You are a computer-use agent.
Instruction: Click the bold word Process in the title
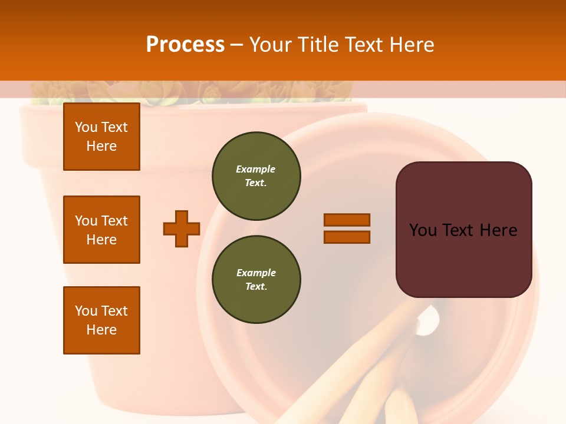[x=185, y=45]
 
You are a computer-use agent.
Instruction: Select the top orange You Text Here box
[x=101, y=137]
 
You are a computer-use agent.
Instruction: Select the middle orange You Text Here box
[x=101, y=230]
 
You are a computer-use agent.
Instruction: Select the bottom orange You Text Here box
[x=101, y=320]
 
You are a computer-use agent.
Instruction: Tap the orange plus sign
[x=182, y=228]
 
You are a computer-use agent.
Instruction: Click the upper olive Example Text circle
[x=256, y=175]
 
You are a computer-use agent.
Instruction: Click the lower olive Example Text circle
[x=256, y=279]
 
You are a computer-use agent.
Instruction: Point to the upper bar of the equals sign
[x=347, y=220]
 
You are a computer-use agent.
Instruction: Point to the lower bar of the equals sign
[x=347, y=237]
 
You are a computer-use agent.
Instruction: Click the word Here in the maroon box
[x=498, y=230]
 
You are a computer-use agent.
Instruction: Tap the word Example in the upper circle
[x=256, y=169]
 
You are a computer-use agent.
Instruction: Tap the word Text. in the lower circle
[x=256, y=286]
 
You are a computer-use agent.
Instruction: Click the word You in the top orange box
[x=85, y=127]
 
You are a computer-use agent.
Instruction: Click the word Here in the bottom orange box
[x=101, y=330]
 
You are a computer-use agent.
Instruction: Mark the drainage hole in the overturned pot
[x=429, y=321]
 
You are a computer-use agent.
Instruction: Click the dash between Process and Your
[x=236, y=45]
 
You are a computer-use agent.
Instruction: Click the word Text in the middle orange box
[x=114, y=221]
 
